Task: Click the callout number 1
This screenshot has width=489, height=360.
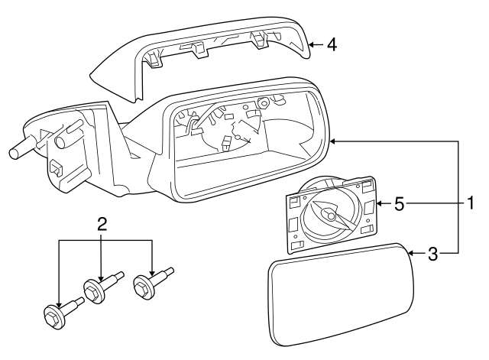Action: [x=471, y=204]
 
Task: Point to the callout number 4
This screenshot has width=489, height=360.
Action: [x=332, y=45]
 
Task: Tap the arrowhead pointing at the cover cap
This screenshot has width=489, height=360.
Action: [x=312, y=45]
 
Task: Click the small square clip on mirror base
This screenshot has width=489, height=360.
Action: [x=57, y=167]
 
